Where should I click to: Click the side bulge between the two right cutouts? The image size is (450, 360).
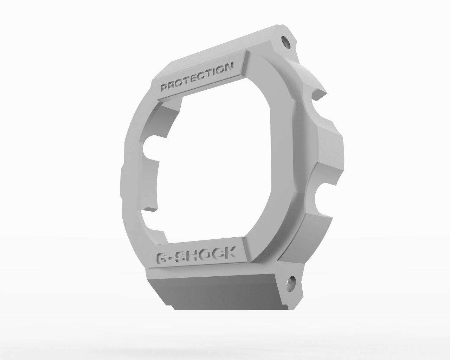[x=330, y=151]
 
